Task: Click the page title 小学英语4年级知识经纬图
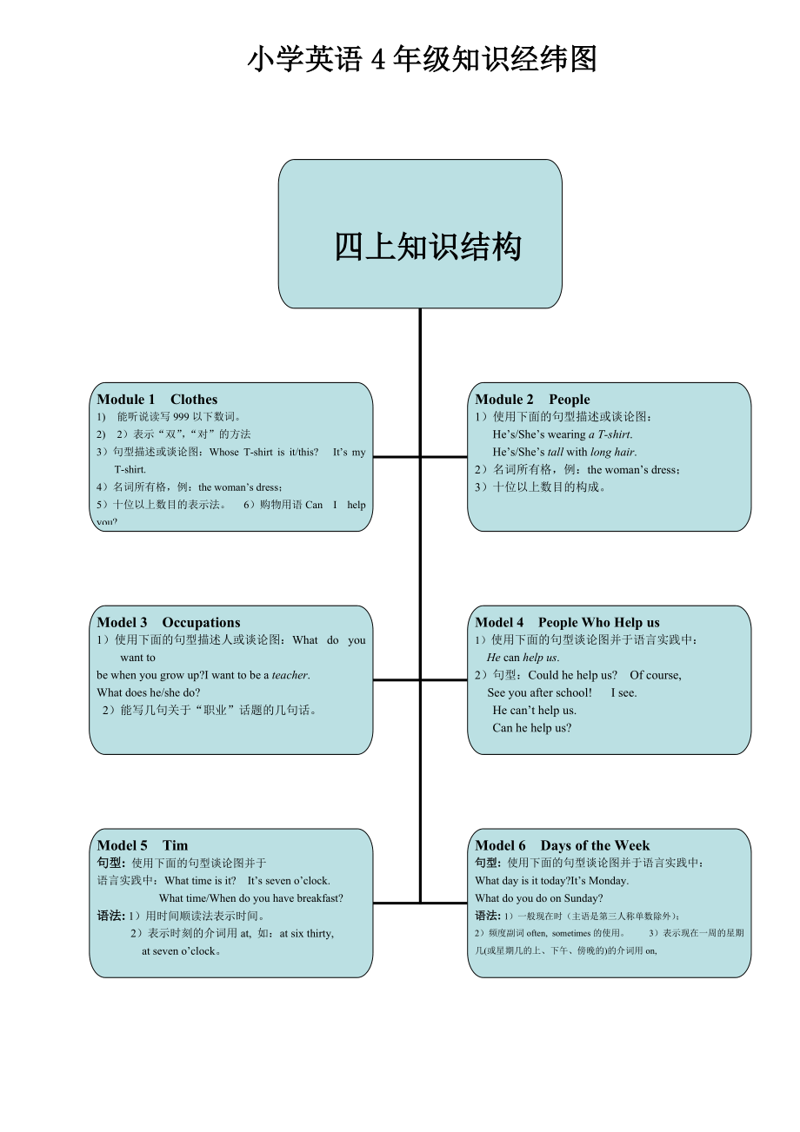point(422,60)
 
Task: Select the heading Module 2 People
point(532,400)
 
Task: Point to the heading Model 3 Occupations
point(169,623)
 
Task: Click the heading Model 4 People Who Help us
point(567,623)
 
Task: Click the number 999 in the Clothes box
point(181,417)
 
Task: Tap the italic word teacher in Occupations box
point(290,675)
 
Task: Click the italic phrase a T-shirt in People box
point(610,434)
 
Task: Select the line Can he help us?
point(531,728)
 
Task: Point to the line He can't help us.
point(534,711)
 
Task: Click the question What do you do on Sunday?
point(538,898)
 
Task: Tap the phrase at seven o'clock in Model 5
point(180,951)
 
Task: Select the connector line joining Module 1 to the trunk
point(396,457)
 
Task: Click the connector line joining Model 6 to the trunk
point(444,904)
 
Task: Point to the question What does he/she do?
point(149,692)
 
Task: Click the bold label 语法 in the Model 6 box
point(487,916)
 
